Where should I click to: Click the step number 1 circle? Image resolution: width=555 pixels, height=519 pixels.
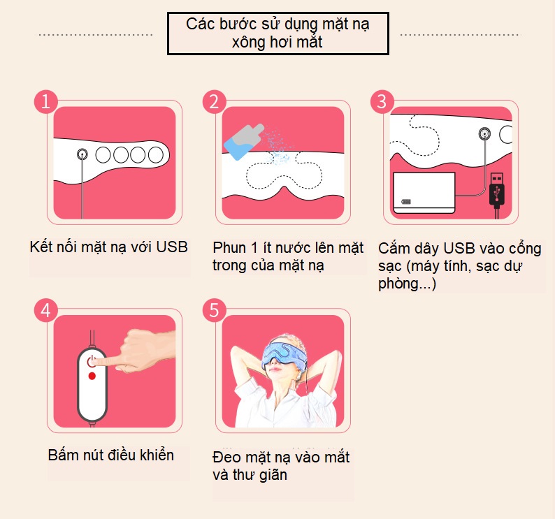point(46,101)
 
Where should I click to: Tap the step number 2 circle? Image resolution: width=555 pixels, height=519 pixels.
point(215,101)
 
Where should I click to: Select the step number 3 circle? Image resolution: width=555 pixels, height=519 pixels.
point(382,101)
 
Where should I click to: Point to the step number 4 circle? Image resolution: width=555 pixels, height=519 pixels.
point(46,310)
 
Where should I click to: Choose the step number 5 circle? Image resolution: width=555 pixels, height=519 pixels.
point(215,310)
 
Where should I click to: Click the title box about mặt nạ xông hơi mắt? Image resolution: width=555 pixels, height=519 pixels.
point(277,33)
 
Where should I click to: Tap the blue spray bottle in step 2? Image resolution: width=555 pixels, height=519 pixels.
point(240,139)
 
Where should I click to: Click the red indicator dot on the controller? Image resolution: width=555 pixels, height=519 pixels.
point(92,377)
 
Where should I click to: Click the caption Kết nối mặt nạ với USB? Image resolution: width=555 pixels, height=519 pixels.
point(110,247)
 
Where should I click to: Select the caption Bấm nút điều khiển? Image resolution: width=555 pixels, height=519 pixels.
point(111,455)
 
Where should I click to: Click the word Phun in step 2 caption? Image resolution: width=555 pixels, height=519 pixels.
point(229,248)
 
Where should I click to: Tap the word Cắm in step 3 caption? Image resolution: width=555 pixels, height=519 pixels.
point(394,249)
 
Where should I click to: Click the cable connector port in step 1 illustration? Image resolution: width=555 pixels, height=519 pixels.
point(82,154)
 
